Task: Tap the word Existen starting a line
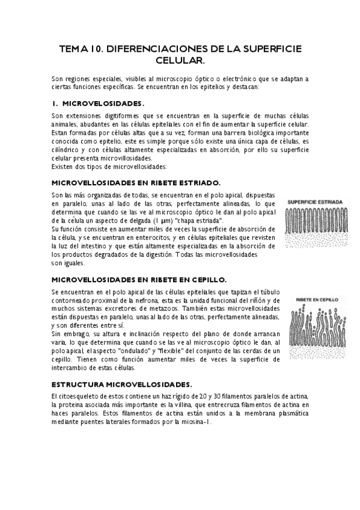[64, 166]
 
